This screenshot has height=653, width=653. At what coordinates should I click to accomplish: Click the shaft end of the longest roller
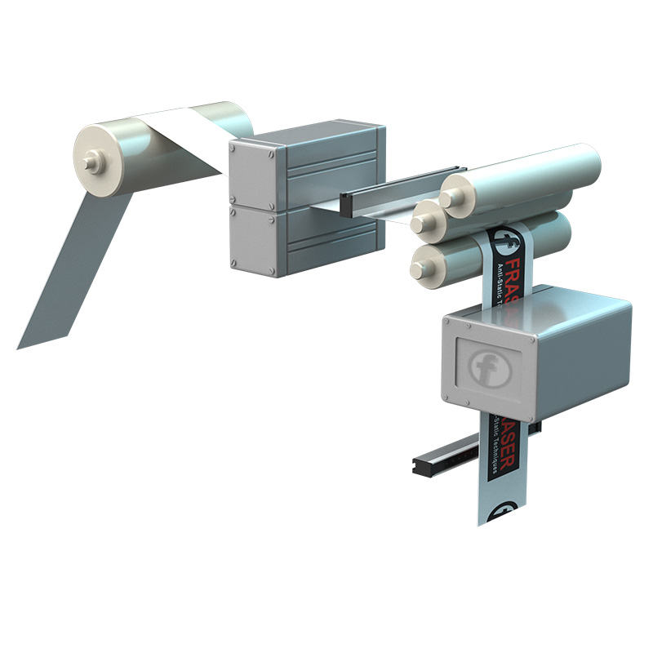(x=449, y=198)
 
